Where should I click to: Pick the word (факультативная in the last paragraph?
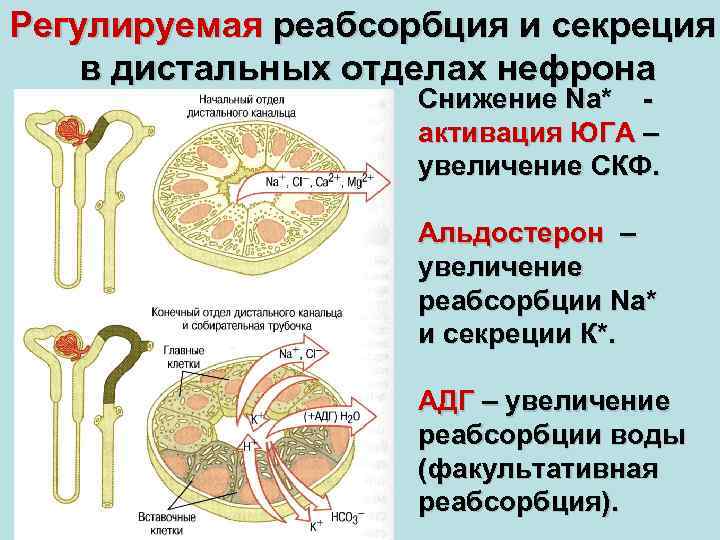pyautogui.click(x=539, y=469)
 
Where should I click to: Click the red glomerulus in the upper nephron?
pyautogui.click(x=71, y=129)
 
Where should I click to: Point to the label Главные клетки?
pyautogui.click(x=186, y=357)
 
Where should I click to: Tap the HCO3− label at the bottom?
pyautogui.click(x=348, y=519)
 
